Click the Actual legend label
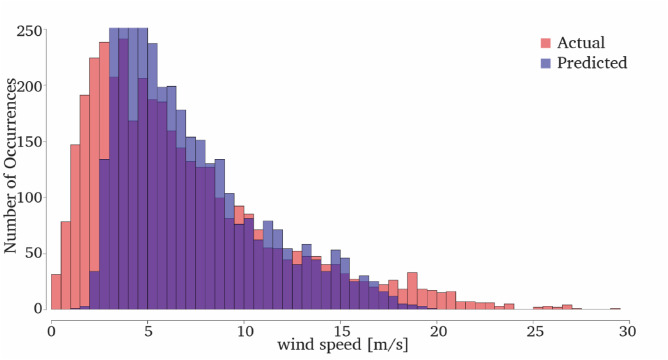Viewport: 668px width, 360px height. (581, 43)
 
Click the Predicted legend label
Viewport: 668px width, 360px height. (593, 63)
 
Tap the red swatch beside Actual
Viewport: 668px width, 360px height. (546, 43)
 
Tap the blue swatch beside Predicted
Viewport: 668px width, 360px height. (546, 63)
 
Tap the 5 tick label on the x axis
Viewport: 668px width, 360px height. (148, 328)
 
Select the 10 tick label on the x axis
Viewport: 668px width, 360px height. (244, 328)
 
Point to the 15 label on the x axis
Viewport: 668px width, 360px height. (341, 328)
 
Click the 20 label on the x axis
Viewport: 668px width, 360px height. (437, 328)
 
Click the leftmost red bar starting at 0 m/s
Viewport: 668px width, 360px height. (56, 292)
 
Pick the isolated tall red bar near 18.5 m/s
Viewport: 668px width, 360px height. (412, 290)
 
